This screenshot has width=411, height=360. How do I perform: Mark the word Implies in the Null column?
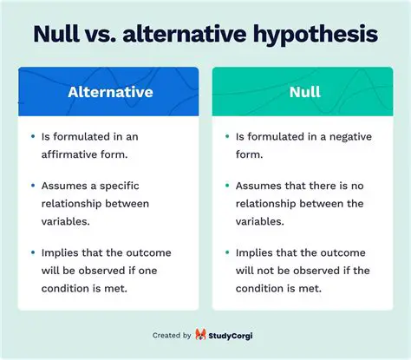coord(254,252)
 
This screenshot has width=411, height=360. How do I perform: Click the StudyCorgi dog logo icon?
coord(200,335)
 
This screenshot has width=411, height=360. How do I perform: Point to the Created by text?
coord(172,335)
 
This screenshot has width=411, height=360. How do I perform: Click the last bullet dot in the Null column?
coord(226,252)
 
